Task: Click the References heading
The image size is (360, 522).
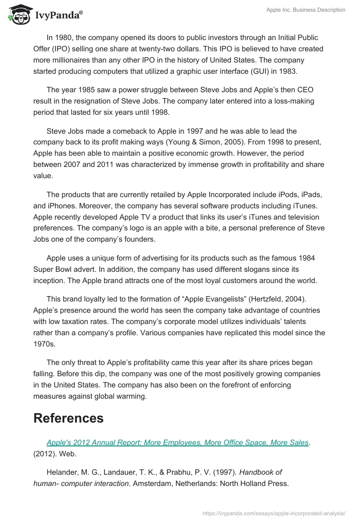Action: tap(68, 418)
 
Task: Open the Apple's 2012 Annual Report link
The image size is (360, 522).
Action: tap(177, 442)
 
